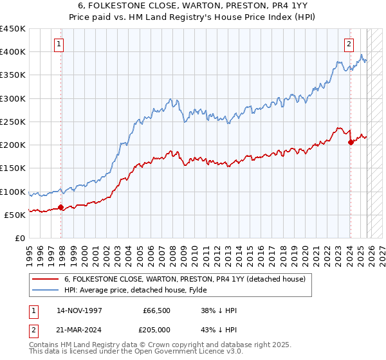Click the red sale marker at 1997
pos(60,207)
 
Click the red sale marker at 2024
pos(351,143)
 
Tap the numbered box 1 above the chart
pos(59,44)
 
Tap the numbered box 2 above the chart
pos(348,44)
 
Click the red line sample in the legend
pos(46,279)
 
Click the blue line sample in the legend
pos(46,290)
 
